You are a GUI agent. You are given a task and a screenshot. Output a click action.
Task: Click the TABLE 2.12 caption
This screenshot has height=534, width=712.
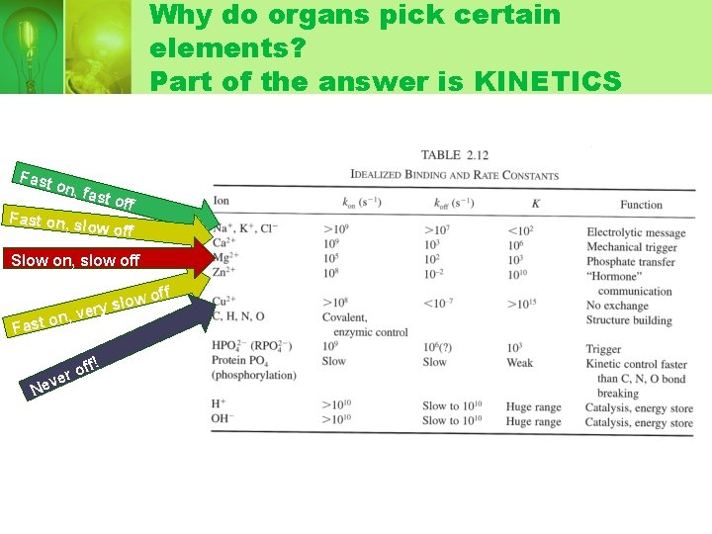coord(455,154)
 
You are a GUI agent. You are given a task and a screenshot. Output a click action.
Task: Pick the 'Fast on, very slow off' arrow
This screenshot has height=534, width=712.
coord(109,307)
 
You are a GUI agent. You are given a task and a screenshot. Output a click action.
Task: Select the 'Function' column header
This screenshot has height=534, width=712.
coord(641,205)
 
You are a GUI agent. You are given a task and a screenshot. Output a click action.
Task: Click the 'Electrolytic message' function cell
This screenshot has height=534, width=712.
coord(636,233)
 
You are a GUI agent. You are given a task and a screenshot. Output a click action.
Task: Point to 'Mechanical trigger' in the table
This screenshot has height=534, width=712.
coord(632,247)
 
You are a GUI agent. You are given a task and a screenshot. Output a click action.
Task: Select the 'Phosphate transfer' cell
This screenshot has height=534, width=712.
coord(631,262)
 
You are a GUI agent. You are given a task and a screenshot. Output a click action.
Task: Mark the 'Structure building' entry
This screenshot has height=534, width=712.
coord(628,319)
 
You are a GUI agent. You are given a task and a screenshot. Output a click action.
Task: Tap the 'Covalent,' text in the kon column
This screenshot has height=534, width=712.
coord(345,318)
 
